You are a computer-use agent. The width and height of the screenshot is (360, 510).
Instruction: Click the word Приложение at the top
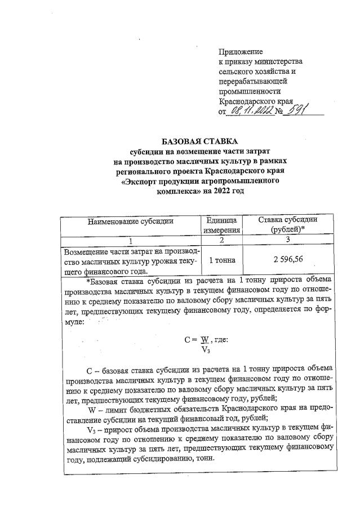(x=241, y=51)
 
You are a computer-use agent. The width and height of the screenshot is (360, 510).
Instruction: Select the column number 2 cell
(x=222, y=241)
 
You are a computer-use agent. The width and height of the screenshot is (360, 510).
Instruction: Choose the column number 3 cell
(x=287, y=241)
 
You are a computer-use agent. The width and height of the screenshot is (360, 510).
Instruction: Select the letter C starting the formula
(x=188, y=340)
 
